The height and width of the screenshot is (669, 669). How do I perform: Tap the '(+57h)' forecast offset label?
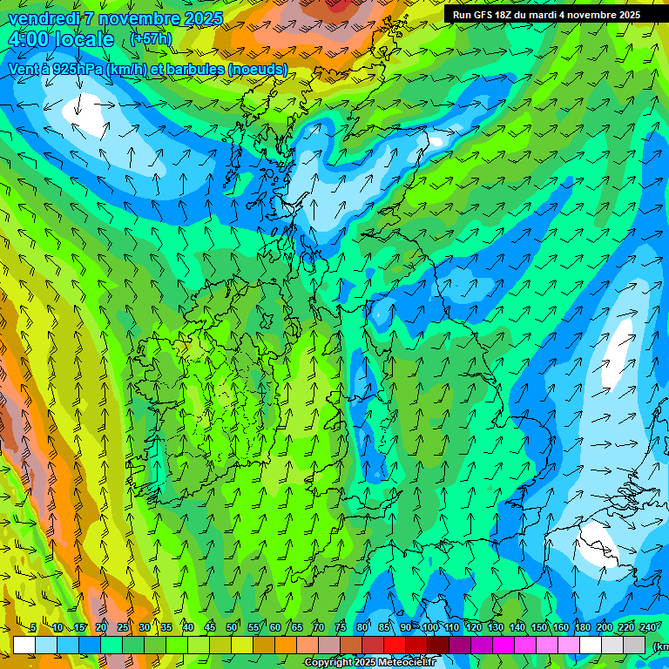(x=151, y=39)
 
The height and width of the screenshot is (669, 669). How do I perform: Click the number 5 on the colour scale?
(x=33, y=628)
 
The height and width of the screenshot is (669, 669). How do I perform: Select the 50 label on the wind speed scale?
(x=231, y=628)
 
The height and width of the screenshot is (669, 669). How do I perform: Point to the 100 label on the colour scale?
(x=430, y=628)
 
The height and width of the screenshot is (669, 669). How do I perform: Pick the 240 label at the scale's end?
(x=648, y=628)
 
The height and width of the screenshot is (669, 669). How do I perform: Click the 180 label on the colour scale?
(x=582, y=628)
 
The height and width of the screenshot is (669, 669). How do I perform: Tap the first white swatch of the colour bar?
(x=24, y=645)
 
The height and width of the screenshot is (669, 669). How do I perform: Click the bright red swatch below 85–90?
(x=395, y=645)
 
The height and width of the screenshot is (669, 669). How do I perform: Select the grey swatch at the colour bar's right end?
(x=634, y=645)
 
